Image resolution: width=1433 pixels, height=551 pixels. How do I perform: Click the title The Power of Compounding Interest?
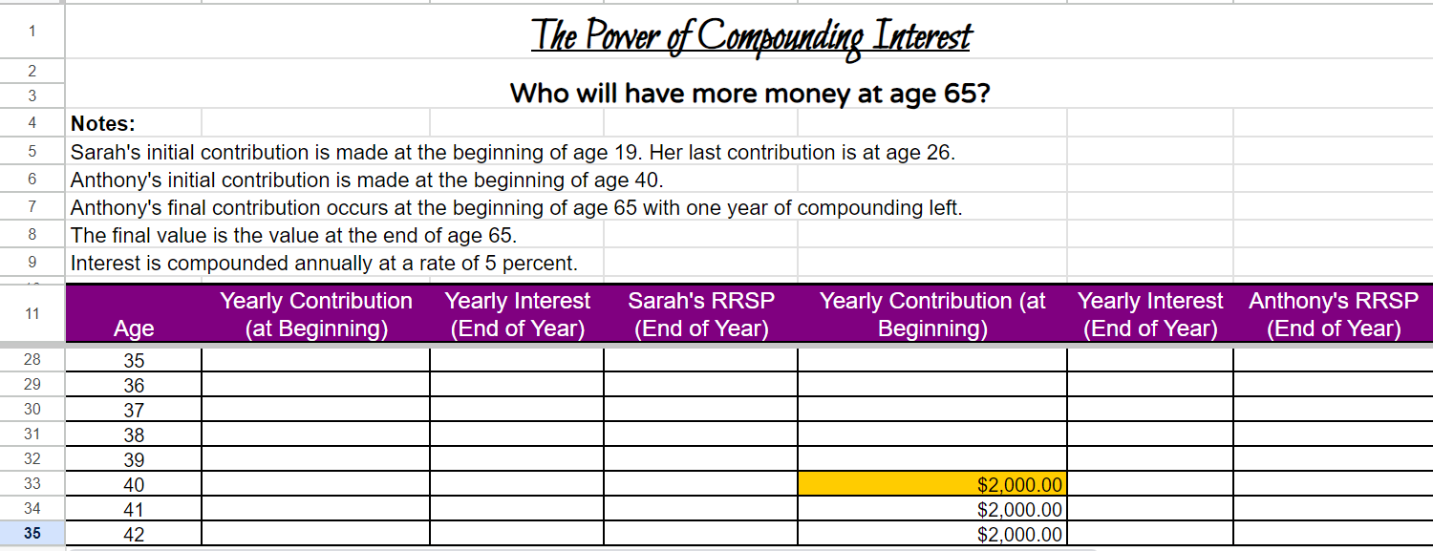pos(751,36)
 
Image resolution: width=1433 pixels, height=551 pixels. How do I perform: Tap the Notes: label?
pos(103,123)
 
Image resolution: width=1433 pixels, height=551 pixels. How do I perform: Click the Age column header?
pos(134,328)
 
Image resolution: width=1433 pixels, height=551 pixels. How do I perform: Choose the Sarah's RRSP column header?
pos(701,314)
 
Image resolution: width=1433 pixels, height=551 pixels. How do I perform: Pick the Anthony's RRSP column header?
pos(1333,314)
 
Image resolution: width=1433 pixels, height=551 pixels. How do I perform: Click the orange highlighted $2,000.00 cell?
pos(931,484)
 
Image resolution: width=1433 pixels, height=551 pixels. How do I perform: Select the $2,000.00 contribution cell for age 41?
pos(931,509)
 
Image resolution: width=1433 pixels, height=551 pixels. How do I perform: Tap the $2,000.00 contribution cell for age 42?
pos(931,534)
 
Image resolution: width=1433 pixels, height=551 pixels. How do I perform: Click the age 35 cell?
pos(134,360)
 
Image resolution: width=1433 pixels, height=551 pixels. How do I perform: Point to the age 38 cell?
pos(134,434)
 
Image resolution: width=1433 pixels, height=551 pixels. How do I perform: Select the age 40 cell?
pos(134,484)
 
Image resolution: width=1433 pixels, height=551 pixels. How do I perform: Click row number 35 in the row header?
pos(32,534)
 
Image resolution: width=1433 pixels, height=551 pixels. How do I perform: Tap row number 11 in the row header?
pos(32,313)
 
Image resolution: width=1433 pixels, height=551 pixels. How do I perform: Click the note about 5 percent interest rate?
pos(324,263)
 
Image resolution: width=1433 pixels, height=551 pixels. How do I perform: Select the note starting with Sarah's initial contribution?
pos(512,152)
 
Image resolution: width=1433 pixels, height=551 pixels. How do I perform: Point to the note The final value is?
pos(293,235)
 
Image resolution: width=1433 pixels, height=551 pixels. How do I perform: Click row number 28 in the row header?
pos(32,360)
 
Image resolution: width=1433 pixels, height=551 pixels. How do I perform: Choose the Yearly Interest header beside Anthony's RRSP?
pos(1150,314)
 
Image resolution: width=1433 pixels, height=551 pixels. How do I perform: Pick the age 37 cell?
pos(134,410)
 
